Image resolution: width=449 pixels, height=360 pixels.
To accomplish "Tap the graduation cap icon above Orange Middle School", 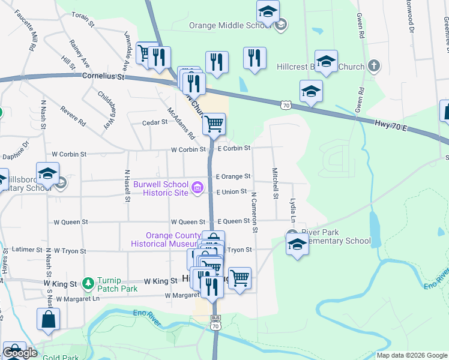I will coord(268,11).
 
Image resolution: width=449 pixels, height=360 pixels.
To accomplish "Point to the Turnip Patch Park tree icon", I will coord(88,282).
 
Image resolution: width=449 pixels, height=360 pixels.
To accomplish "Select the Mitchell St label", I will coord(275,183).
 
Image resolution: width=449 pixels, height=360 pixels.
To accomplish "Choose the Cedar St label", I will coord(155,122).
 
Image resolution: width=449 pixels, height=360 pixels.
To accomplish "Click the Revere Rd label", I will coord(73,115).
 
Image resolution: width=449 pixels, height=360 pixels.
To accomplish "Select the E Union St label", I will coord(232,192).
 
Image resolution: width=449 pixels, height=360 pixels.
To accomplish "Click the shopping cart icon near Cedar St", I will coord(214,124).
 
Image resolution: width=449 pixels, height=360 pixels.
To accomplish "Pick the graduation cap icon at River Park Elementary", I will coord(297,244).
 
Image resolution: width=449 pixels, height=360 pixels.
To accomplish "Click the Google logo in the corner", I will coord(20,353).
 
